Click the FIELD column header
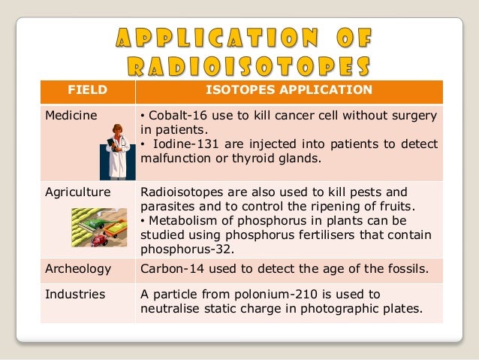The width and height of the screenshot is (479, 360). click(87, 91)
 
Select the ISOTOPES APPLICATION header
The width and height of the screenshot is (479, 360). click(288, 91)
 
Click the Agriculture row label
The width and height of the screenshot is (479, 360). click(77, 192)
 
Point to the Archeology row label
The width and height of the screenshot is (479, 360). click(78, 269)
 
